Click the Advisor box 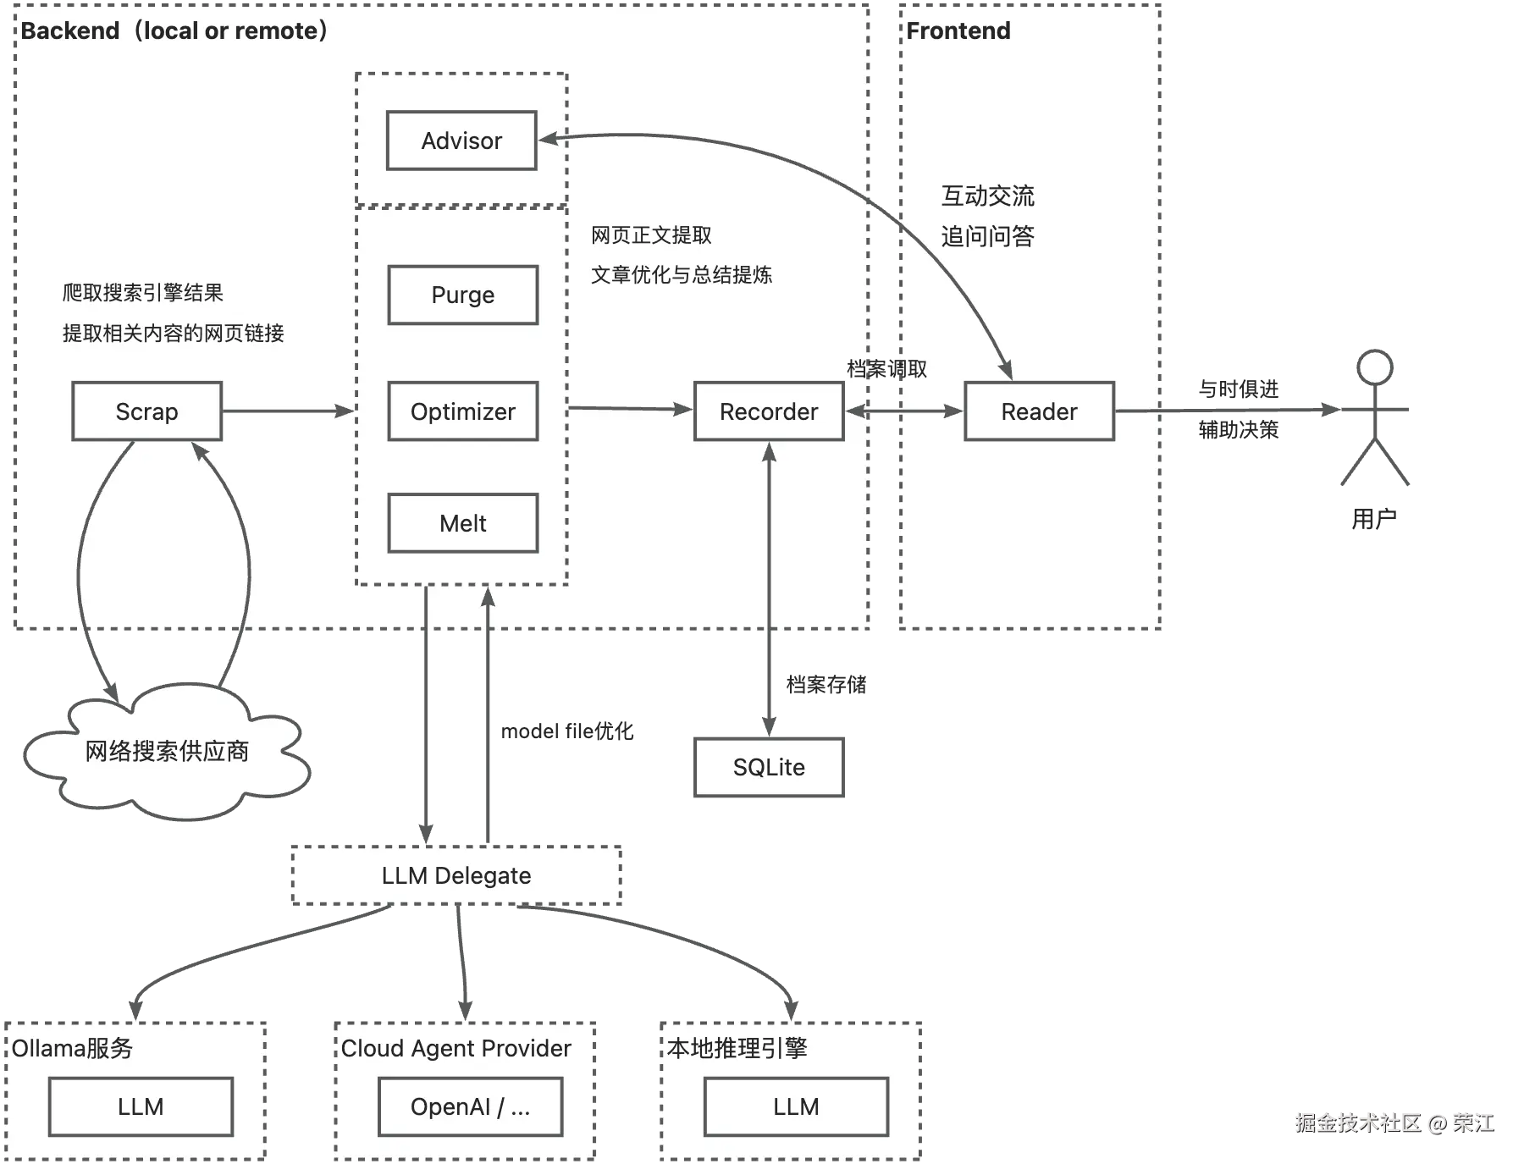click(461, 141)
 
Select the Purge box click(463, 295)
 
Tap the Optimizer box click(463, 411)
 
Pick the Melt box click(463, 523)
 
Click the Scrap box click(147, 411)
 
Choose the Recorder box click(769, 411)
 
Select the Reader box click(1040, 411)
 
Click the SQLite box click(769, 767)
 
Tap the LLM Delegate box click(456, 875)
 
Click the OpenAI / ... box click(471, 1106)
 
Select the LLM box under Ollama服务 click(141, 1106)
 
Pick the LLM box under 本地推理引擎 click(796, 1106)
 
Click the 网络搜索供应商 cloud click(167, 752)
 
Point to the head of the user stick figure click(1375, 367)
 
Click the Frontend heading click(958, 31)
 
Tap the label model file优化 click(567, 731)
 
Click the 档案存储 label click(826, 684)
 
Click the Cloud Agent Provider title click(456, 1048)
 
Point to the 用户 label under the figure click(1374, 518)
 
